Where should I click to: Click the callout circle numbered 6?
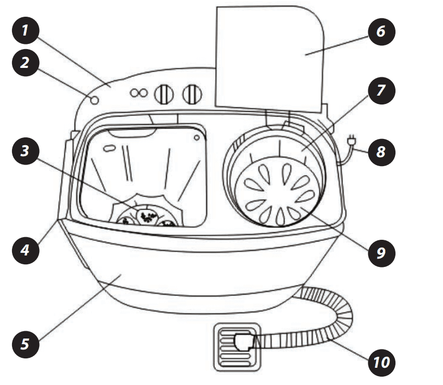pyautogui.click(x=380, y=32)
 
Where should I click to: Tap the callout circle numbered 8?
pyautogui.click(x=380, y=152)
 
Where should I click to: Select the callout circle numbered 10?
pyautogui.click(x=380, y=360)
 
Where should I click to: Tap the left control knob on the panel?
pyautogui.click(x=164, y=94)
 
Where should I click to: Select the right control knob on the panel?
pyautogui.click(x=192, y=94)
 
